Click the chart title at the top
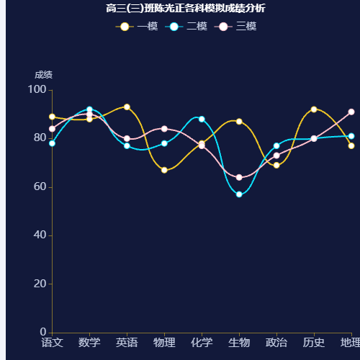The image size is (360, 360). coord(185,9)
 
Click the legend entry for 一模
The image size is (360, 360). coord(137,27)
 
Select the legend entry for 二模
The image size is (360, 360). coord(186,27)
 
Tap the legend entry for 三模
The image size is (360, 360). coord(236,27)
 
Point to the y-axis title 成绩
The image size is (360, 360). coord(43,75)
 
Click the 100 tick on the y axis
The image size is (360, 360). coord(37,89)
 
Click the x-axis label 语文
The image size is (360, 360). coord(52,342)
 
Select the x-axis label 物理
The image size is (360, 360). coord(164,342)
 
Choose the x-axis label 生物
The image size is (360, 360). coord(239,342)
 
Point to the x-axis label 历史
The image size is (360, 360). coord(314,342)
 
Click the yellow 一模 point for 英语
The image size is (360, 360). coord(127,107)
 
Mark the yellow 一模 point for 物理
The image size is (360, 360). coord(164,170)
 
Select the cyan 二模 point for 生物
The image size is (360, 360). coord(239,194)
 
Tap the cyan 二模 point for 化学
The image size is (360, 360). coord(202,119)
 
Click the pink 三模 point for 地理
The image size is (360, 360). coord(351,112)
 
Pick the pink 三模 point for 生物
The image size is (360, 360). coord(239,177)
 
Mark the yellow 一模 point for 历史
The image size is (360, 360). coord(314,109)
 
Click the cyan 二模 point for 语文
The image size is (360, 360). coord(52,143)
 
